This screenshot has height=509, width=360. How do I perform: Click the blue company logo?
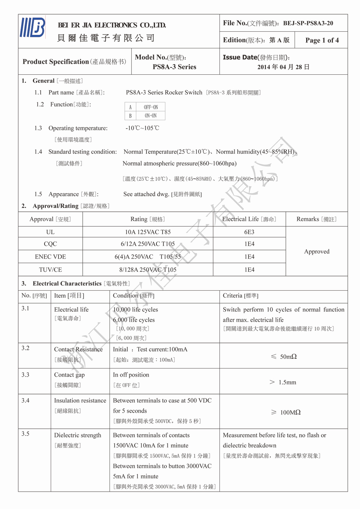tap(33, 28)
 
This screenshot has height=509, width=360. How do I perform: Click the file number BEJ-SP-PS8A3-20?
tap(308, 23)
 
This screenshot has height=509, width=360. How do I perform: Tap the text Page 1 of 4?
tap(322, 40)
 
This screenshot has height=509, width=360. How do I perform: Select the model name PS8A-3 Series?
tap(174, 67)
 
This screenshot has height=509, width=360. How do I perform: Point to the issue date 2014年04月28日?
tap(283, 67)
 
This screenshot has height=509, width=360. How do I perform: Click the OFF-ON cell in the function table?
tap(151, 107)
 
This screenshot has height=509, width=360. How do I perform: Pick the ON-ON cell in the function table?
tap(151, 115)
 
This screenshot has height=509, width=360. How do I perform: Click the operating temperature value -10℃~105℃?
tap(142, 128)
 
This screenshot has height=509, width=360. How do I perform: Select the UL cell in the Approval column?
tap(50, 232)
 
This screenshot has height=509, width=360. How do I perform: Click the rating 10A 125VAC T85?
tap(147, 232)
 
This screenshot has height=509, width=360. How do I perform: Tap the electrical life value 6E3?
tap(249, 232)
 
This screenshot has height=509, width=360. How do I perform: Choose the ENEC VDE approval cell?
tap(50, 257)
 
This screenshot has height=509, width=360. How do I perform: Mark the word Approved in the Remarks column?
tap(317, 252)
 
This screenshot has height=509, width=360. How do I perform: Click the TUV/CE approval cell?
tap(50, 270)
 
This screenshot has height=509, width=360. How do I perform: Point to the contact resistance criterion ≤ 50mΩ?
tap(283, 356)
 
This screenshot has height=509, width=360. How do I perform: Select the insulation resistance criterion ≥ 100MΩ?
tap(285, 413)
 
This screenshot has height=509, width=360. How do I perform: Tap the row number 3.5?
tap(25, 434)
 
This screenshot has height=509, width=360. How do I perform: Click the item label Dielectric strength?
tap(77, 435)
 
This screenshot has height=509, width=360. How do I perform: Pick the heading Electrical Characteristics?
tap(67, 284)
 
